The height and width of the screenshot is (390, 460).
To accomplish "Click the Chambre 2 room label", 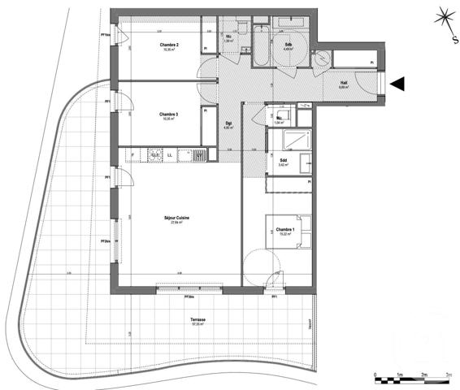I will click(168, 45).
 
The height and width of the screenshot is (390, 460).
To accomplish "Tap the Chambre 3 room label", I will click(168, 114).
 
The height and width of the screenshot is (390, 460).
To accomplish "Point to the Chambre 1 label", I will click(284, 230).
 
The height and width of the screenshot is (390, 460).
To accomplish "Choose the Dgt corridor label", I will click(229, 123).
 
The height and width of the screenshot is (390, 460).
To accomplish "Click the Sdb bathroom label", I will click(289, 44).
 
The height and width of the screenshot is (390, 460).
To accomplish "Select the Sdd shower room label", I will click(283, 161).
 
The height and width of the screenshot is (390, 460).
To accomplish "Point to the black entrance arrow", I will click(397, 83).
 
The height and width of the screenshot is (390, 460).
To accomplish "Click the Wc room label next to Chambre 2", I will click(230, 37).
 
